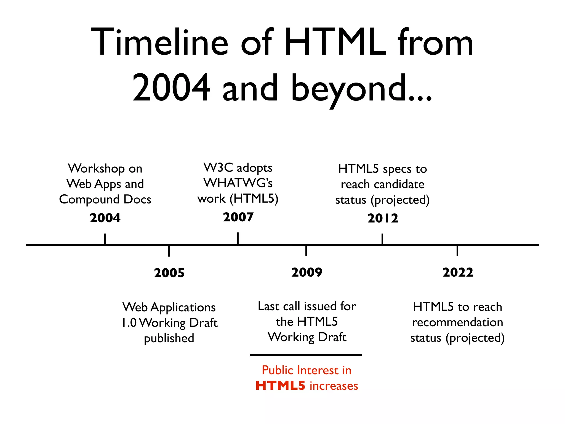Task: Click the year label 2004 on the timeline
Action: pyautogui.click(x=105, y=218)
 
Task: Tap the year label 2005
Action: pyautogui.click(x=169, y=273)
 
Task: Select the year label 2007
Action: pyautogui.click(x=238, y=217)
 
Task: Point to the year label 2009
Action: pyautogui.click(x=307, y=272)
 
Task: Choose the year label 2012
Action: pyautogui.click(x=383, y=218)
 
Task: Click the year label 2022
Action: pyautogui.click(x=458, y=272)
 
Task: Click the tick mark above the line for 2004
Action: pyautogui.click(x=105, y=239)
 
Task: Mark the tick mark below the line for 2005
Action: pyautogui.click(x=169, y=251)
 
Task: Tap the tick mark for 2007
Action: pyautogui.click(x=238, y=238)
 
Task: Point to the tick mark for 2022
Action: pyautogui.click(x=457, y=250)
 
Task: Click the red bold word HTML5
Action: pyautogui.click(x=280, y=386)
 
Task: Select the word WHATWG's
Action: pyautogui.click(x=238, y=183)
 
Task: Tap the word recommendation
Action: pyautogui.click(x=457, y=322)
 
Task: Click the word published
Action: pyautogui.click(x=169, y=338)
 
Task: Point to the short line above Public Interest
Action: pyautogui.click(x=306, y=355)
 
